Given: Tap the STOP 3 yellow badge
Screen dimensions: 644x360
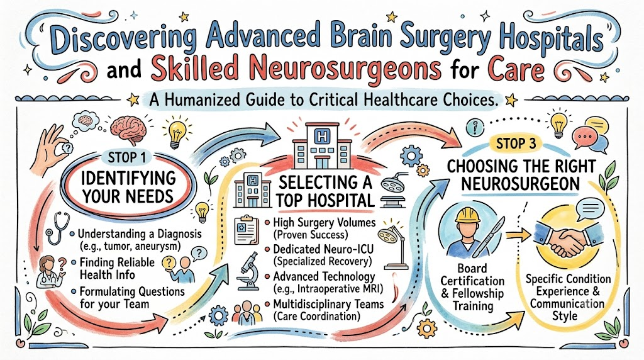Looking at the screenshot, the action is pyautogui.click(x=516, y=144).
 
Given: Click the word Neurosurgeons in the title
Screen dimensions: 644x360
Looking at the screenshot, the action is pyautogui.click(x=296, y=69).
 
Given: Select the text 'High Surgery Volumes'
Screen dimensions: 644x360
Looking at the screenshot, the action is pyautogui.click(x=325, y=223).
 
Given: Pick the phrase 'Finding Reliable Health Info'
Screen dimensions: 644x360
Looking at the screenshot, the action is pyautogui.click(x=117, y=268).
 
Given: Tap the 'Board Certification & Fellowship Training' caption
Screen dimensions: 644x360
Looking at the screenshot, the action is pyautogui.click(x=472, y=287).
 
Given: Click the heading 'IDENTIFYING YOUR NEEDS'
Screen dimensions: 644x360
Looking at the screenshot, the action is pyautogui.click(x=128, y=188).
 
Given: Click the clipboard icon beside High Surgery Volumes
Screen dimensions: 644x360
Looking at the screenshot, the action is pyautogui.click(x=246, y=230).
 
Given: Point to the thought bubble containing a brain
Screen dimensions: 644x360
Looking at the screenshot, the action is pyautogui.click(x=86, y=120).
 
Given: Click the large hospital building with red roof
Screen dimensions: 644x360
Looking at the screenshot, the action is pyautogui.click(x=322, y=146).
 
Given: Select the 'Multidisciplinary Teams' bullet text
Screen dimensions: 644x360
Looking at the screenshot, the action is pyautogui.click(x=328, y=304).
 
